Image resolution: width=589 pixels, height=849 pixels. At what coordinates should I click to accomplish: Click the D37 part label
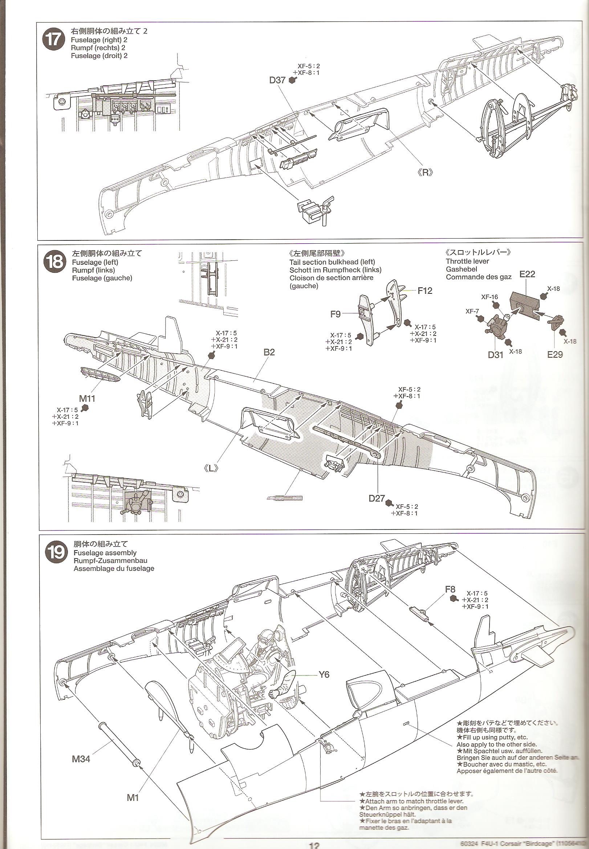[x=277, y=80]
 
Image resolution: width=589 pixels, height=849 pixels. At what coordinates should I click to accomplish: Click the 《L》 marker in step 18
[x=210, y=468]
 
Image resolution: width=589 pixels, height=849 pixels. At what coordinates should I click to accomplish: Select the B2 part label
[x=269, y=352]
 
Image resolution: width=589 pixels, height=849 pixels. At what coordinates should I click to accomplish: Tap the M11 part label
[x=87, y=398]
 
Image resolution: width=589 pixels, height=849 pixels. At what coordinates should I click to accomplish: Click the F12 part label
[x=425, y=291]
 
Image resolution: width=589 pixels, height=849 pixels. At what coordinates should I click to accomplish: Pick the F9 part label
[x=335, y=314]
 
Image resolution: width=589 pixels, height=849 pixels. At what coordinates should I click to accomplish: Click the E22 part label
[x=527, y=274]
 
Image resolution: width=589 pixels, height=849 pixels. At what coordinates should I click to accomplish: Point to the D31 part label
[x=495, y=355]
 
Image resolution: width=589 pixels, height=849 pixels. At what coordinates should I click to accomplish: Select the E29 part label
[x=555, y=354]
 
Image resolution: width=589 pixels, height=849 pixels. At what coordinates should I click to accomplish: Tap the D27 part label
[x=377, y=499]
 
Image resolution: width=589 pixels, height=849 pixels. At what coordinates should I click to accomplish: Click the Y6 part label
[x=324, y=675]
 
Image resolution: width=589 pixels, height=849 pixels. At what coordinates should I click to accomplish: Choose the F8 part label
[x=450, y=589]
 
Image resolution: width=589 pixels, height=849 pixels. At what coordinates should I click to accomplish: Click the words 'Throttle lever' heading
[x=467, y=261]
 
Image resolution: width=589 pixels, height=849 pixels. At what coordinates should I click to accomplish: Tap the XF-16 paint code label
[x=490, y=296]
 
